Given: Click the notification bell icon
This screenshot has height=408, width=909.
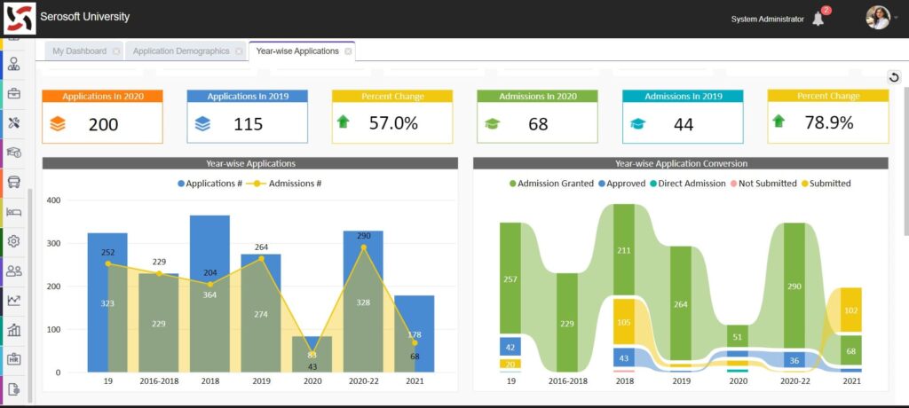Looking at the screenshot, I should (x=818, y=19).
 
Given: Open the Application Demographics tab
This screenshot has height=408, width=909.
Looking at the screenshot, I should (x=180, y=51).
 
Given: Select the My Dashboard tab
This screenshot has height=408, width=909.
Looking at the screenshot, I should (x=79, y=51).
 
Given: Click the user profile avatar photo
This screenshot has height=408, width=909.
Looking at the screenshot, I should (x=877, y=18).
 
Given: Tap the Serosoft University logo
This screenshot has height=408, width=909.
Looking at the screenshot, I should (x=20, y=19).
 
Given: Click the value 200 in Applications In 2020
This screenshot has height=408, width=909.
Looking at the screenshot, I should (x=103, y=124).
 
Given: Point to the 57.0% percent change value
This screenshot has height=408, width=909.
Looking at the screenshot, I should (x=393, y=123).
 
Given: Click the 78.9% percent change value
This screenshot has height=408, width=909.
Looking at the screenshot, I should (x=828, y=123).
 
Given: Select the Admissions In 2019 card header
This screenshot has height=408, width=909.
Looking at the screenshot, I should (x=683, y=96).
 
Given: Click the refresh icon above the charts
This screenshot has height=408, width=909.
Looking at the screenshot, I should (x=894, y=77).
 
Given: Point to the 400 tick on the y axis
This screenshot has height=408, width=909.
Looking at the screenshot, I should (x=53, y=200).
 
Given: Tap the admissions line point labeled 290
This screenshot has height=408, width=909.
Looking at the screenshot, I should (x=362, y=247).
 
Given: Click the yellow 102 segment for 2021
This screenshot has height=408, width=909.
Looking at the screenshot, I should (x=850, y=310).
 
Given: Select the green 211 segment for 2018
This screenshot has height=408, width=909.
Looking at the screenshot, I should (x=624, y=250).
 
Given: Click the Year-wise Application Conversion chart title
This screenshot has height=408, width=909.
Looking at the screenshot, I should (x=681, y=163).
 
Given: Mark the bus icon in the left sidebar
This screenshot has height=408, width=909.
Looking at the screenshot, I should (x=14, y=182).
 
